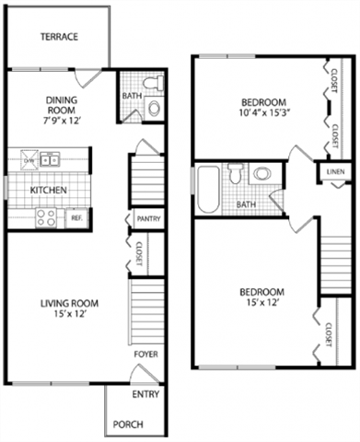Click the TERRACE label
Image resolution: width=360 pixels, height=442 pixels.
(x=58, y=38)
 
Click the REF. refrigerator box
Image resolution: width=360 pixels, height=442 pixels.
(x=76, y=218)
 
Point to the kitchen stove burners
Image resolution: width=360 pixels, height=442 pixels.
(x=46, y=217)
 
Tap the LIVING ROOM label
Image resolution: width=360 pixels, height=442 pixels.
(x=69, y=303)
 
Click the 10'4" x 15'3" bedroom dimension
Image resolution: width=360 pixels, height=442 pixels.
(x=263, y=114)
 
